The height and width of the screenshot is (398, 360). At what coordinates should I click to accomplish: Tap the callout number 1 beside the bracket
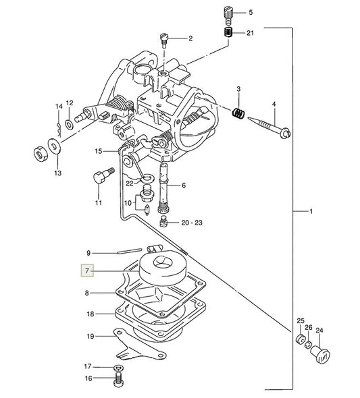point(311,212)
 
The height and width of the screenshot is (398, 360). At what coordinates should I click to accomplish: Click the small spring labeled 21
point(228,33)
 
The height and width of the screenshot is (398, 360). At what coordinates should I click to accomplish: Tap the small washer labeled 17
point(118,367)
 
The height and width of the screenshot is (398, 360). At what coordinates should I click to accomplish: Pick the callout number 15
point(98,150)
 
